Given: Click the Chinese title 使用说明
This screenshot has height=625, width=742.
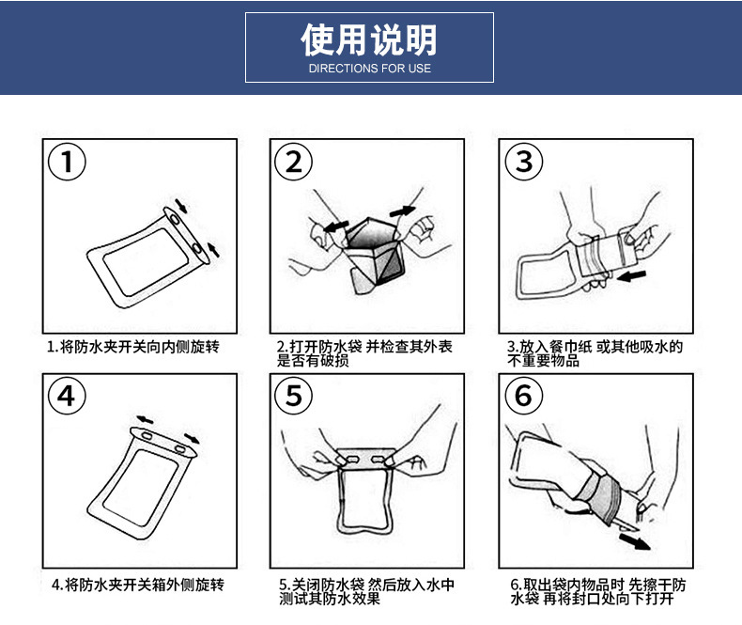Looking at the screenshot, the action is [x=368, y=39].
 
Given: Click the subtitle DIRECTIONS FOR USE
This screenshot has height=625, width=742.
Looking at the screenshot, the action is [x=369, y=69].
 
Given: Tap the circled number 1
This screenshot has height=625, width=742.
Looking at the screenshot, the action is [x=68, y=162].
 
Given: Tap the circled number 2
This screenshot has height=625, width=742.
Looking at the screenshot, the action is [x=294, y=162].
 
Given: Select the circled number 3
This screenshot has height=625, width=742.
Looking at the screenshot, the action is [x=524, y=162].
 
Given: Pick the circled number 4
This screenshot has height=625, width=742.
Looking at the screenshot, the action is [x=68, y=396].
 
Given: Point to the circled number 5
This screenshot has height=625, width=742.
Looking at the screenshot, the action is [x=294, y=396].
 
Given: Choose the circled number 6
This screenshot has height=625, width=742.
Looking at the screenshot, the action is [x=524, y=396].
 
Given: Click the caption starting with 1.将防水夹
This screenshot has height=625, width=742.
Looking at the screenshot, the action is [x=133, y=347].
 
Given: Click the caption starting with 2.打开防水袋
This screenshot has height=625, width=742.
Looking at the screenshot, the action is [x=364, y=353].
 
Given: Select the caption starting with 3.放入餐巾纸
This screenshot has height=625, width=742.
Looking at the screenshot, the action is [x=595, y=353].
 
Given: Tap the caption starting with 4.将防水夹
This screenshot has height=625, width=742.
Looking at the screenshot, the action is [x=138, y=585].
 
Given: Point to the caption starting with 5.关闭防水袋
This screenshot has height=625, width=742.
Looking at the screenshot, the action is [x=366, y=591].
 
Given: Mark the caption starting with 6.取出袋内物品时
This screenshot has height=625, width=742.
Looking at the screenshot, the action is [x=598, y=591].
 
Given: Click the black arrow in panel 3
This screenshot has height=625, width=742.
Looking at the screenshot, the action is [x=631, y=275].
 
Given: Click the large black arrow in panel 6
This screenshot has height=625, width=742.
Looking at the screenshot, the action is [x=635, y=541].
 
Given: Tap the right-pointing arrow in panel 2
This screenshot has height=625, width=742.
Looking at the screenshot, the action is [x=403, y=211].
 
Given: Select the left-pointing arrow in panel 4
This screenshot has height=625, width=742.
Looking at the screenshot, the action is [x=145, y=419].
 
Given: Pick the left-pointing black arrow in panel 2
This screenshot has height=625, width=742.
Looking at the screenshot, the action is [x=336, y=227].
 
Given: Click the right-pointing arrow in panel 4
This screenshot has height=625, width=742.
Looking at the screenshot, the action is [x=192, y=438].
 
